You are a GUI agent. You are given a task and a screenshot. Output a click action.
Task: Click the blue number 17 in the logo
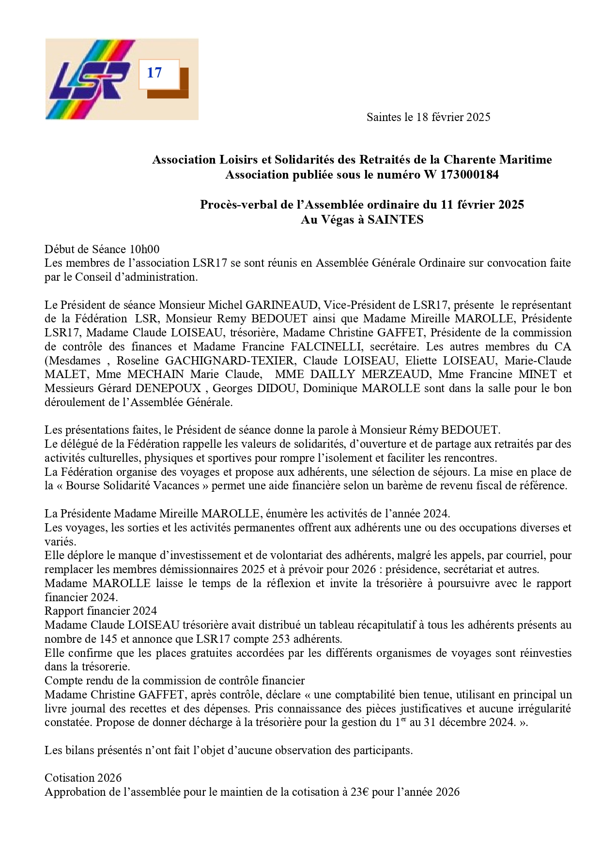pyautogui.click(x=154, y=73)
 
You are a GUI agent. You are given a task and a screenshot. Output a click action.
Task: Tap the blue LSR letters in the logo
pyautogui.click(x=90, y=80)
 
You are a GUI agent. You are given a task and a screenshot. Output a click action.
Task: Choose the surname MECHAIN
pyautogui.click(x=156, y=374)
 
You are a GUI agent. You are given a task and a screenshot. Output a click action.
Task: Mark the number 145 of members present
pyautogui.click(x=108, y=639)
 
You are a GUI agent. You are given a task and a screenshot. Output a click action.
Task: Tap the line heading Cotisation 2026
pyautogui.click(x=83, y=778)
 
